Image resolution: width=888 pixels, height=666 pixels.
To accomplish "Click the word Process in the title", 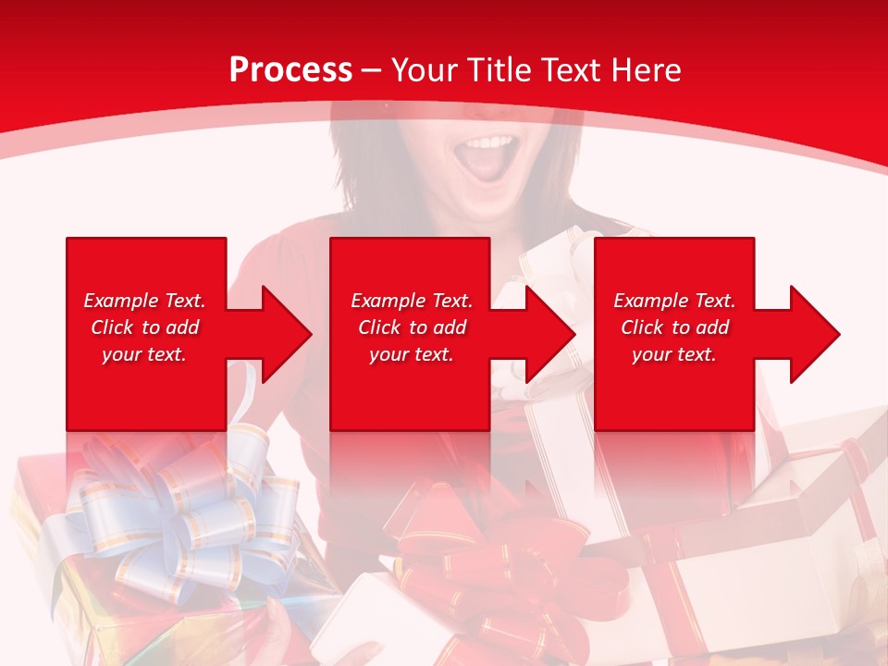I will (290, 70).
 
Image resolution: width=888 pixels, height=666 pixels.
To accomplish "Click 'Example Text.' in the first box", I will (144, 301).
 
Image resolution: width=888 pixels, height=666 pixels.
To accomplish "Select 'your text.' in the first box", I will (144, 354).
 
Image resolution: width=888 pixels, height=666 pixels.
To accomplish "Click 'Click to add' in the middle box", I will (412, 327).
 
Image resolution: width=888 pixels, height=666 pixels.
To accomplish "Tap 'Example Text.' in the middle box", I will (412, 301).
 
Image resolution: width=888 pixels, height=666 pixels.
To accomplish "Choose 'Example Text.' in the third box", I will (674, 301).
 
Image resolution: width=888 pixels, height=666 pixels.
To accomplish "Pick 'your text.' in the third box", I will (674, 354).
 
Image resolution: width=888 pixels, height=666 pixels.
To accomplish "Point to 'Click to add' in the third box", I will (674, 327).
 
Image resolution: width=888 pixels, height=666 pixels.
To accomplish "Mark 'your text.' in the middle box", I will (412, 354).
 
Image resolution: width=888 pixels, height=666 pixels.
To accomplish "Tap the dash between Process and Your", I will (372, 71).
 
